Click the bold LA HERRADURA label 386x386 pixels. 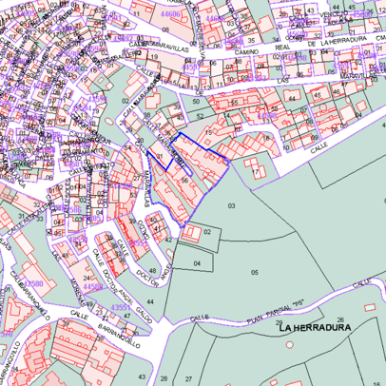pyautogui.click(x=316, y=327)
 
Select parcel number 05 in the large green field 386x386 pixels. pyautogui.click(x=254, y=272)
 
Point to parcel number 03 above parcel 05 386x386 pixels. pyautogui.click(x=231, y=205)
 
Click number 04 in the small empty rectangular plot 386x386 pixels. pyautogui.click(x=197, y=262)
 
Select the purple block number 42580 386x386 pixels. pyautogui.click(x=32, y=283)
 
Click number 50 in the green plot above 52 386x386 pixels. pyautogui.click(x=196, y=101)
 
